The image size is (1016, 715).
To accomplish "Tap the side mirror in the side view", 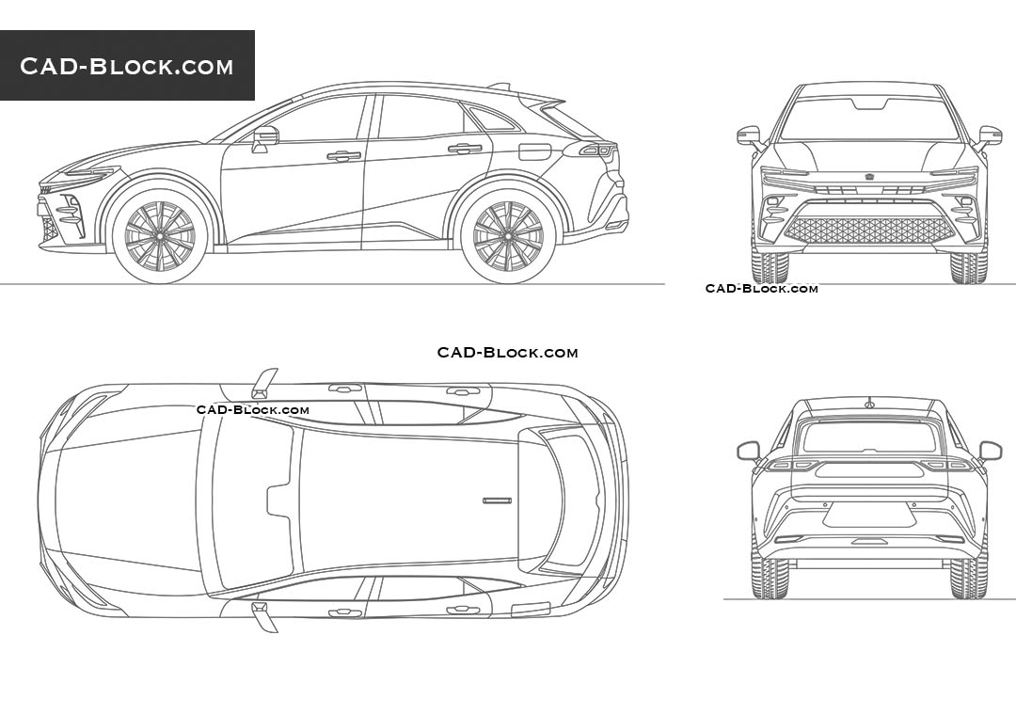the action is [265, 139].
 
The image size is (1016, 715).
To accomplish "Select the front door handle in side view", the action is [343, 156].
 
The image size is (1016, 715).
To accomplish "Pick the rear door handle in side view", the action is [465, 149].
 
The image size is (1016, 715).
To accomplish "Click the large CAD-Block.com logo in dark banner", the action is [126, 66].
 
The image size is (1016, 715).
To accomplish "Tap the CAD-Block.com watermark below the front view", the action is [761, 289].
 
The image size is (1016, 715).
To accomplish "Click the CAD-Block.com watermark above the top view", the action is [507, 353].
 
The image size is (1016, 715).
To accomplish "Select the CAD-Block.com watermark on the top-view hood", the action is [253, 409].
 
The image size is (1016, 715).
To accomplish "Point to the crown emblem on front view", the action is [868, 177].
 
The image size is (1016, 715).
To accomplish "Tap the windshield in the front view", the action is [869, 119].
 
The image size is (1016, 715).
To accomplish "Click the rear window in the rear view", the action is [869, 437].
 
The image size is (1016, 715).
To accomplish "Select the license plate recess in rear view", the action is [869, 515].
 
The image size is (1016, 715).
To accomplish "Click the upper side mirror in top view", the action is [264, 383].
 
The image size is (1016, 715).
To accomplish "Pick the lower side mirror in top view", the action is [264, 616].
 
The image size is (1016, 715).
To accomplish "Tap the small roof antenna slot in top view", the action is [497, 500].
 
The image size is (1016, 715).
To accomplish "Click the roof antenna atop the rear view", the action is [868, 404].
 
